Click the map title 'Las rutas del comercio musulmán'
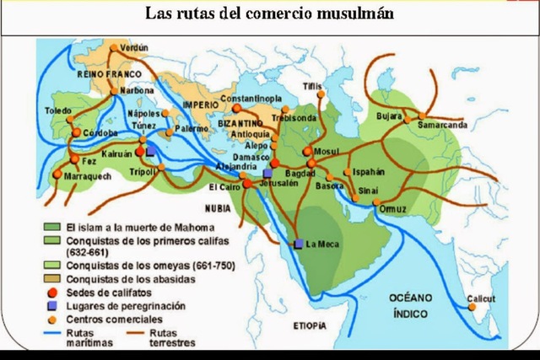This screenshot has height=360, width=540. click(270, 14)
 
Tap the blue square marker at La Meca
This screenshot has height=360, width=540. click(299, 244)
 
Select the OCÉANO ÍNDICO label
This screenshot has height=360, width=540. click(407, 305)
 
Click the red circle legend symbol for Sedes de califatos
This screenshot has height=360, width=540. click(52, 292)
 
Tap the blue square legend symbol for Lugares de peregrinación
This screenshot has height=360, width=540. click(52, 305)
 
